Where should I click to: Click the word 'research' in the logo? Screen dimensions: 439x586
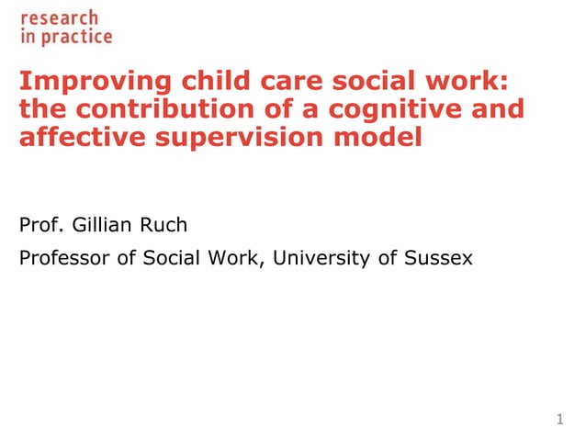click(59, 18)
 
